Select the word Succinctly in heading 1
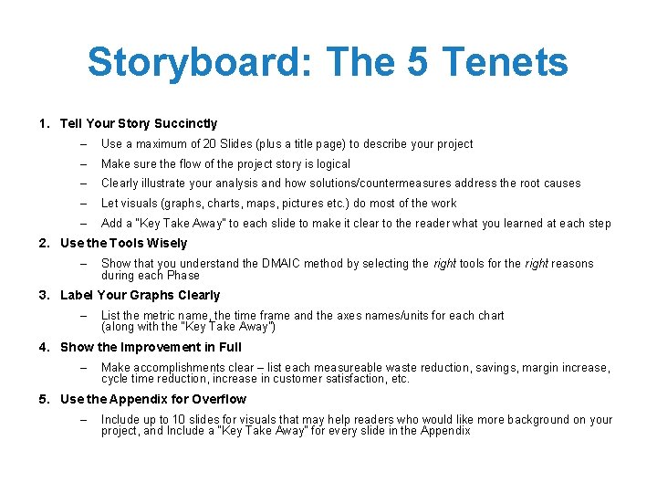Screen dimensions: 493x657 point(187,123)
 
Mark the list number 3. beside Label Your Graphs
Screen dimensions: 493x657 point(44,295)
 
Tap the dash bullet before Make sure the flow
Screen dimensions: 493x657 point(82,164)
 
